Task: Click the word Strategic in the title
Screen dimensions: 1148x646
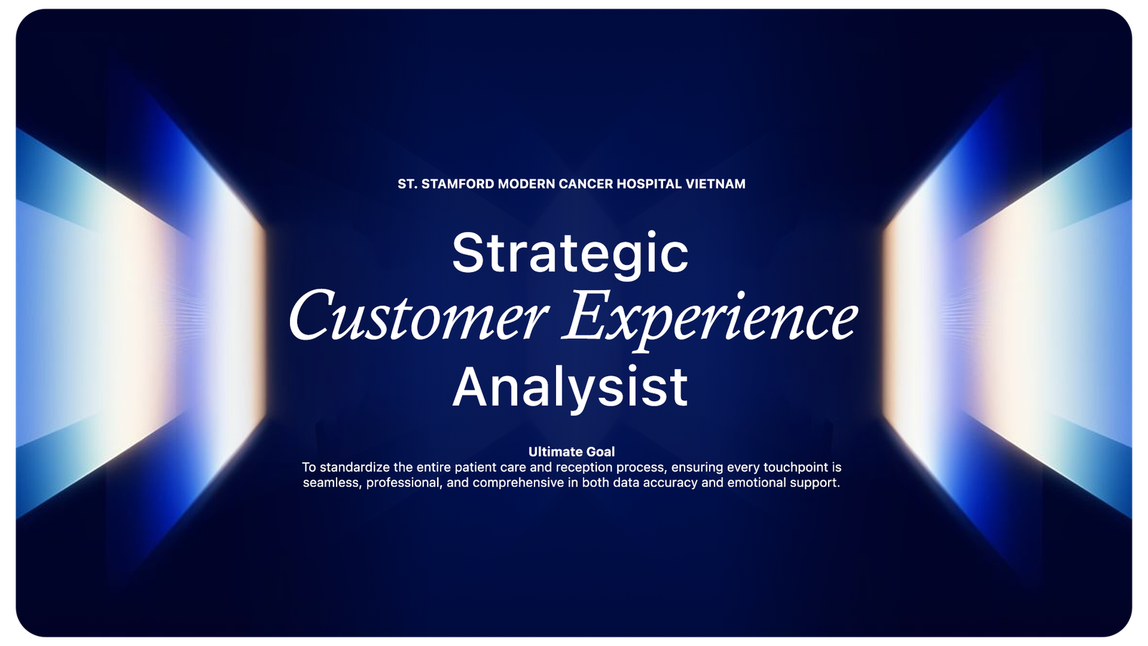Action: pyautogui.click(x=570, y=254)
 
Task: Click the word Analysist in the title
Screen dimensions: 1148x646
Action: pyautogui.click(x=570, y=388)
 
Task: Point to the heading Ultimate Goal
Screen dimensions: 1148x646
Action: pyautogui.click(x=571, y=451)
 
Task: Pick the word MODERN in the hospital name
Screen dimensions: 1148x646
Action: pyautogui.click(x=527, y=184)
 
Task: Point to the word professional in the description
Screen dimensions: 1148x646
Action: pyautogui.click(x=404, y=483)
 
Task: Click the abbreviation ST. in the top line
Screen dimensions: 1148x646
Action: pyautogui.click(x=408, y=184)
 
